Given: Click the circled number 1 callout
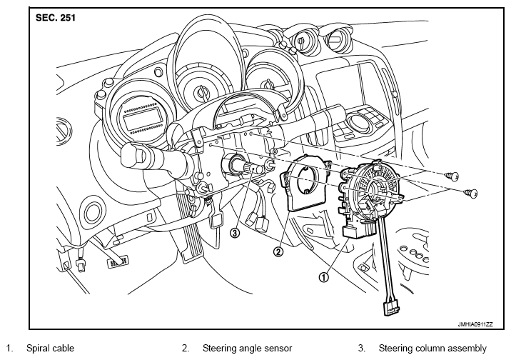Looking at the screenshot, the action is point(323,277).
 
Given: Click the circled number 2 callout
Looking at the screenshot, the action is point(278,251).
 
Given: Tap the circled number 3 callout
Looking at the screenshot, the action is point(235,233).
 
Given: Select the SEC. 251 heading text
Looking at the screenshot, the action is point(56,18).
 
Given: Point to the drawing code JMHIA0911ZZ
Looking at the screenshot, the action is point(475,324).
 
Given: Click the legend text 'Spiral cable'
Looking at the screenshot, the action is point(50,349).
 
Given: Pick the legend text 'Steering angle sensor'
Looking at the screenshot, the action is point(247,349).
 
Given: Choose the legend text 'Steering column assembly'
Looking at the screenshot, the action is point(432,349).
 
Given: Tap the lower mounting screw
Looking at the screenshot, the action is point(471,194).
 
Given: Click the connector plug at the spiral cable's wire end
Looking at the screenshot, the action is point(391,308).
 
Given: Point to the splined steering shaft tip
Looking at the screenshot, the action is point(254,169).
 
